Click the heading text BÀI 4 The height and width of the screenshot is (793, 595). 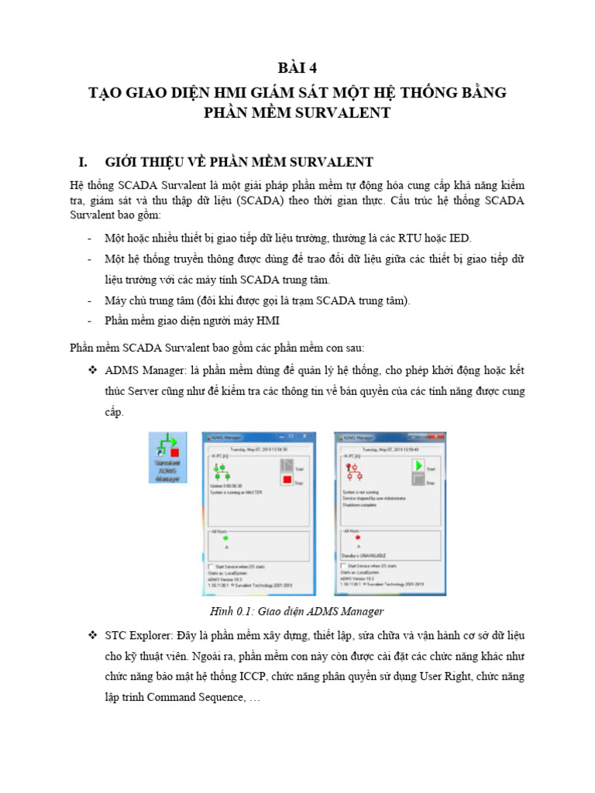[297, 66]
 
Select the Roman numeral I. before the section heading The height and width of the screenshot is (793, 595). [84, 162]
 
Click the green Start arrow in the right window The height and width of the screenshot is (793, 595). [418, 465]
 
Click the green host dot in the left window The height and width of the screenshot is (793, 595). [225, 537]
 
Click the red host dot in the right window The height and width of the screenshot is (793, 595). [357, 537]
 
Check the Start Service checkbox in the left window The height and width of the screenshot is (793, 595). [212, 567]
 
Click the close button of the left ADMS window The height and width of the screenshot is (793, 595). [303, 438]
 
